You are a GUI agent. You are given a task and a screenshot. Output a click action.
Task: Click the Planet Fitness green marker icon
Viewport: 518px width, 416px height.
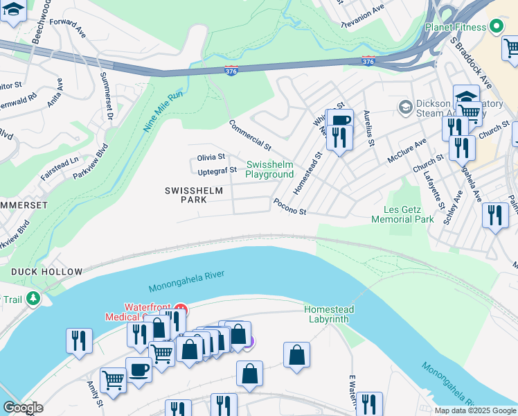(496, 27)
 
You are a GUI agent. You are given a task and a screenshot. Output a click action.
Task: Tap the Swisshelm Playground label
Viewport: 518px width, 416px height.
(269, 170)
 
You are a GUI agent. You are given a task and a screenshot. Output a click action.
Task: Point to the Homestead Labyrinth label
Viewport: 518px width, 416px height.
(329, 314)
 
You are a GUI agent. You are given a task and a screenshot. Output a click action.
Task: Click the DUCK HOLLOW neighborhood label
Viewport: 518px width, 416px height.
(46, 272)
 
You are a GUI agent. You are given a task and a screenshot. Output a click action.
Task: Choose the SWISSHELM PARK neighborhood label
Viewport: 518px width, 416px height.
(185, 195)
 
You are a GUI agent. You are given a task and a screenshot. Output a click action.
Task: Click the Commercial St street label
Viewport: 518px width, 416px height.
(250, 135)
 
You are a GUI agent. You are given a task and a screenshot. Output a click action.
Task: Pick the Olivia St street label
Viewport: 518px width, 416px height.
(211, 157)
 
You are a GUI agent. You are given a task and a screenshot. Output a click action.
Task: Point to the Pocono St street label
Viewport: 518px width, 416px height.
(289, 207)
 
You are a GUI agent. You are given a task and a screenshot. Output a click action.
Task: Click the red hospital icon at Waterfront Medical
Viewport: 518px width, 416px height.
(180, 308)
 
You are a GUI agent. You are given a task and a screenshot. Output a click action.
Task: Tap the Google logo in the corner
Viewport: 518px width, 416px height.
(22, 408)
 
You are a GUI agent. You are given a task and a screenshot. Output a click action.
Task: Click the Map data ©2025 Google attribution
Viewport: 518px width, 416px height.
(474, 410)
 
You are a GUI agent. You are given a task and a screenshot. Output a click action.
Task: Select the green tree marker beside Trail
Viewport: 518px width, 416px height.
(32, 299)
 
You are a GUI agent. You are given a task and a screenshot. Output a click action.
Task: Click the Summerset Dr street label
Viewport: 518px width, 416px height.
(105, 96)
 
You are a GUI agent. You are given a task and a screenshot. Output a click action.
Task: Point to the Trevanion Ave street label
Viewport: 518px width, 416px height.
(363, 15)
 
